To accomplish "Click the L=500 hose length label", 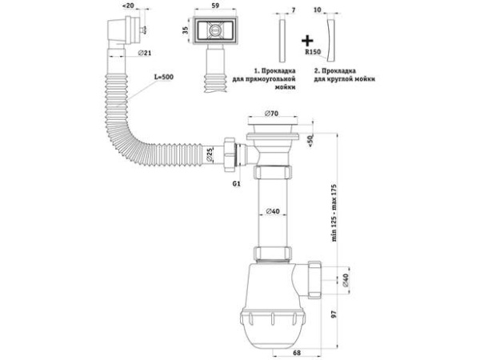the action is (x=164, y=77).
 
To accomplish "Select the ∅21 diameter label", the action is (x=145, y=53).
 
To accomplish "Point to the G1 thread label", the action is (x=236, y=184).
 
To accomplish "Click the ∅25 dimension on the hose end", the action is (x=210, y=155).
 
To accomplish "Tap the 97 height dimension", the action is (x=334, y=314).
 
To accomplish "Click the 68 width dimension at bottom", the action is (x=297, y=353).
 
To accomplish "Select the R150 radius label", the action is (x=313, y=52).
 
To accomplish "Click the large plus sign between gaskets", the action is (x=307, y=41).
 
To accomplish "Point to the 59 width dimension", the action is (x=215, y=6).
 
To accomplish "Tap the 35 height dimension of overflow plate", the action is (x=186, y=30).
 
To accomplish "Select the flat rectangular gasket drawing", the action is (x=282, y=41).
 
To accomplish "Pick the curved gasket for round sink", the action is (x=331, y=41).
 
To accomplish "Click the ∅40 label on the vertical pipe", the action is (x=273, y=211).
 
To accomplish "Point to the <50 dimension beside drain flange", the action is (x=310, y=141).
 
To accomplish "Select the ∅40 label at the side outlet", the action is (x=346, y=281).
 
